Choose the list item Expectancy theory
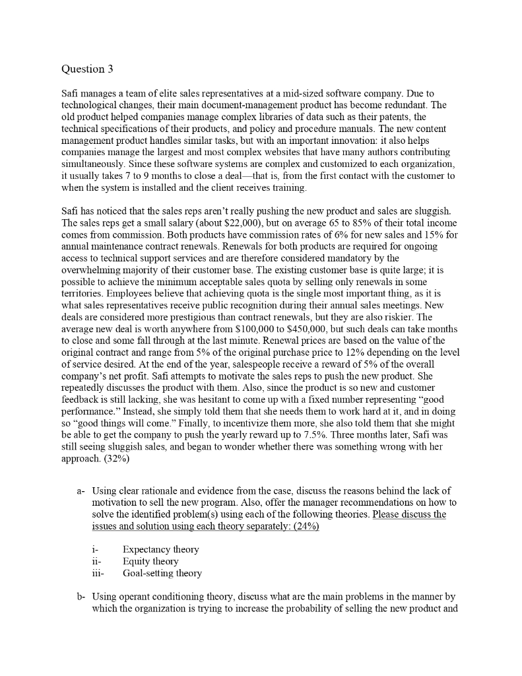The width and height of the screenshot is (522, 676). click(x=160, y=549)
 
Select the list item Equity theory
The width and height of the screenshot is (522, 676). click(x=150, y=561)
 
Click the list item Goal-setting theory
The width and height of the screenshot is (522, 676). click(x=162, y=573)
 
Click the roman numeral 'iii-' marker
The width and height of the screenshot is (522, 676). click(x=98, y=573)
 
